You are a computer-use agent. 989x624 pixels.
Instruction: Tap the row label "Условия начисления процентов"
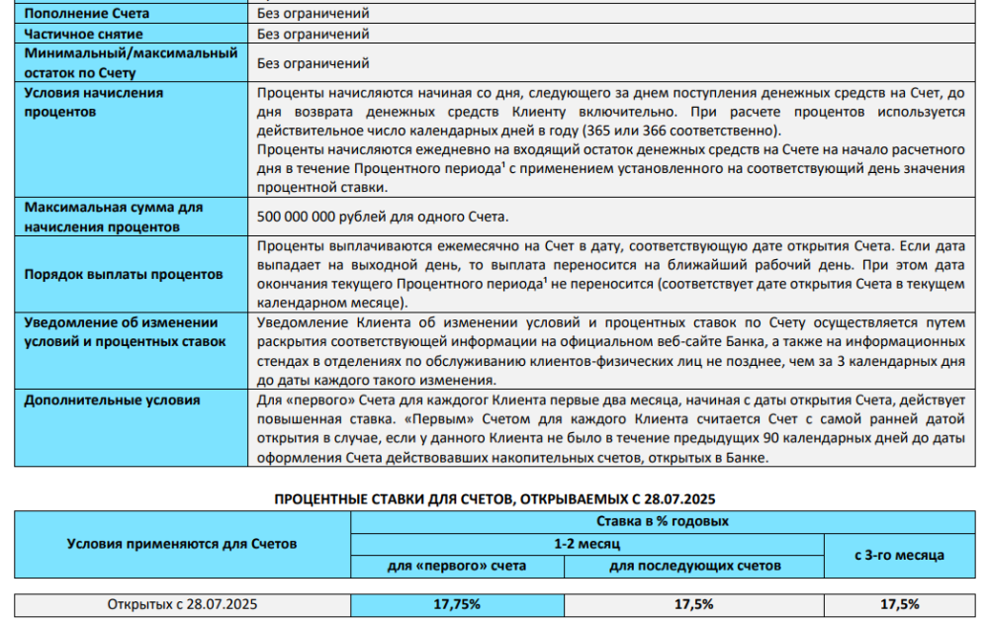(x=93, y=102)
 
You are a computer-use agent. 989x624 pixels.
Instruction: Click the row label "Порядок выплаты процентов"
(x=124, y=274)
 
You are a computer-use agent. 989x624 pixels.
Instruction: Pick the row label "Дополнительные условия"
(x=112, y=401)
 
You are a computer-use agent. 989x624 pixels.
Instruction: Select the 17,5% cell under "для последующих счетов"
(x=693, y=604)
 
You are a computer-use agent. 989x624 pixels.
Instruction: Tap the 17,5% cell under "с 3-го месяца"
(x=899, y=604)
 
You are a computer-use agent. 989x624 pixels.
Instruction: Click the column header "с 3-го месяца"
(x=899, y=555)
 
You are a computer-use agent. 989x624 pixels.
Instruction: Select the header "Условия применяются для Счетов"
(x=182, y=543)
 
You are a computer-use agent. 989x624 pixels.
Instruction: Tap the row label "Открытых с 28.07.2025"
(x=182, y=604)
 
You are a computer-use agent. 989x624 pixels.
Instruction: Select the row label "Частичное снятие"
(x=83, y=34)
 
